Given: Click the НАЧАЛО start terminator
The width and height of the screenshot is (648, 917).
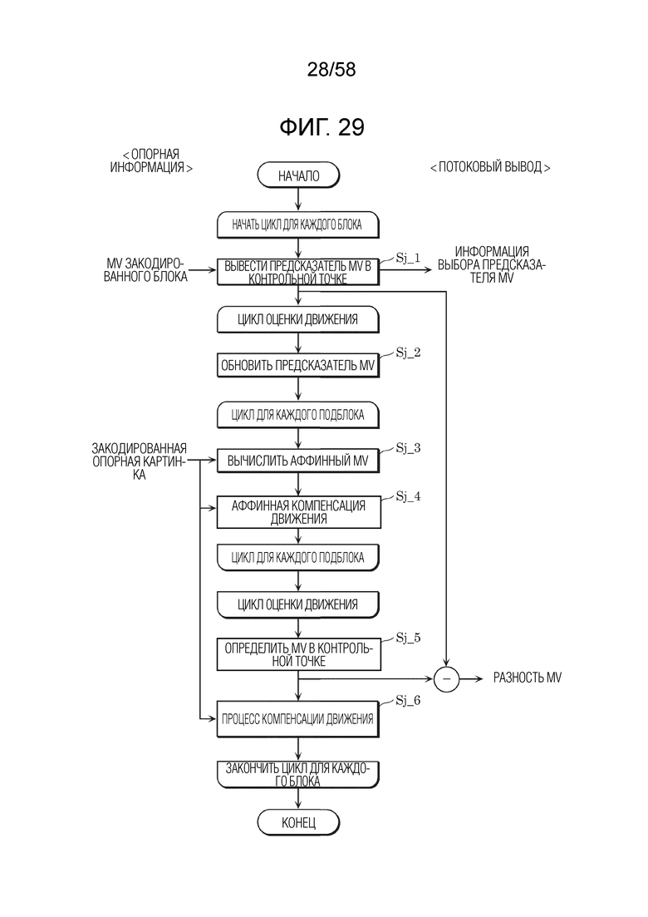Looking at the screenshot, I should (x=298, y=175).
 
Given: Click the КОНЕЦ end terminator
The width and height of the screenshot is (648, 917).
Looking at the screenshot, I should (x=298, y=822).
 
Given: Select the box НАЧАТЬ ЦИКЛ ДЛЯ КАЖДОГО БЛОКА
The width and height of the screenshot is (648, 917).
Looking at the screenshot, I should (x=298, y=224).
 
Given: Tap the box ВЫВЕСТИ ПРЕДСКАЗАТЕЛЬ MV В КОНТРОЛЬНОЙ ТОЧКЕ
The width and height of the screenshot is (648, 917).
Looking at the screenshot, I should (x=298, y=272).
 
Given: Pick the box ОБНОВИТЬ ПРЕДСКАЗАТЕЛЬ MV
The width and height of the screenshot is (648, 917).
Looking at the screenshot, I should (x=298, y=365).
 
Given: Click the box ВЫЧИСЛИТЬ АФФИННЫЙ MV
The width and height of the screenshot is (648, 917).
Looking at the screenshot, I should (x=298, y=460).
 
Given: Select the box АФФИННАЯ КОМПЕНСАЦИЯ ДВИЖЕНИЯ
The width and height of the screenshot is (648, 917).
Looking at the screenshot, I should (x=298, y=511).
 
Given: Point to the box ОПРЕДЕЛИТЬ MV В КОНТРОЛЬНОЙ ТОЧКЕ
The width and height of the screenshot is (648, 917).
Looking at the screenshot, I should (x=298, y=654).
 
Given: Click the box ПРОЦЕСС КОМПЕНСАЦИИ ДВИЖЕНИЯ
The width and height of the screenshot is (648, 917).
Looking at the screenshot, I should (x=298, y=718).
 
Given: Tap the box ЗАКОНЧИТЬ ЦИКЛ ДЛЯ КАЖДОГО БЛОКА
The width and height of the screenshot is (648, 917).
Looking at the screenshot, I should (x=298, y=773).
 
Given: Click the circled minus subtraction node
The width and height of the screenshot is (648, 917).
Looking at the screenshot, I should (x=446, y=678).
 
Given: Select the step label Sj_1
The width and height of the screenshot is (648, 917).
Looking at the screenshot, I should (x=409, y=258).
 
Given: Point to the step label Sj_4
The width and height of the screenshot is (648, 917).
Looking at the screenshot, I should (x=408, y=496).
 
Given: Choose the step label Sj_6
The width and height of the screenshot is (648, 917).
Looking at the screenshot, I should (x=408, y=701).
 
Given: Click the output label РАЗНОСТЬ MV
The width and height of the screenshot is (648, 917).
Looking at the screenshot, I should (x=528, y=678).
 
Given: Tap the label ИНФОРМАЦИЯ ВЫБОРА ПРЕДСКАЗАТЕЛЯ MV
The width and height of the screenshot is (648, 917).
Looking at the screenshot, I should (x=493, y=266).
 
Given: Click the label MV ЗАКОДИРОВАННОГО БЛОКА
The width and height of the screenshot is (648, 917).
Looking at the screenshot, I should (x=141, y=270).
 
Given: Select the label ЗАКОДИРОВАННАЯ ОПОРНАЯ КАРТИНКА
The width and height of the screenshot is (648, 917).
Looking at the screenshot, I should (x=139, y=461).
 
